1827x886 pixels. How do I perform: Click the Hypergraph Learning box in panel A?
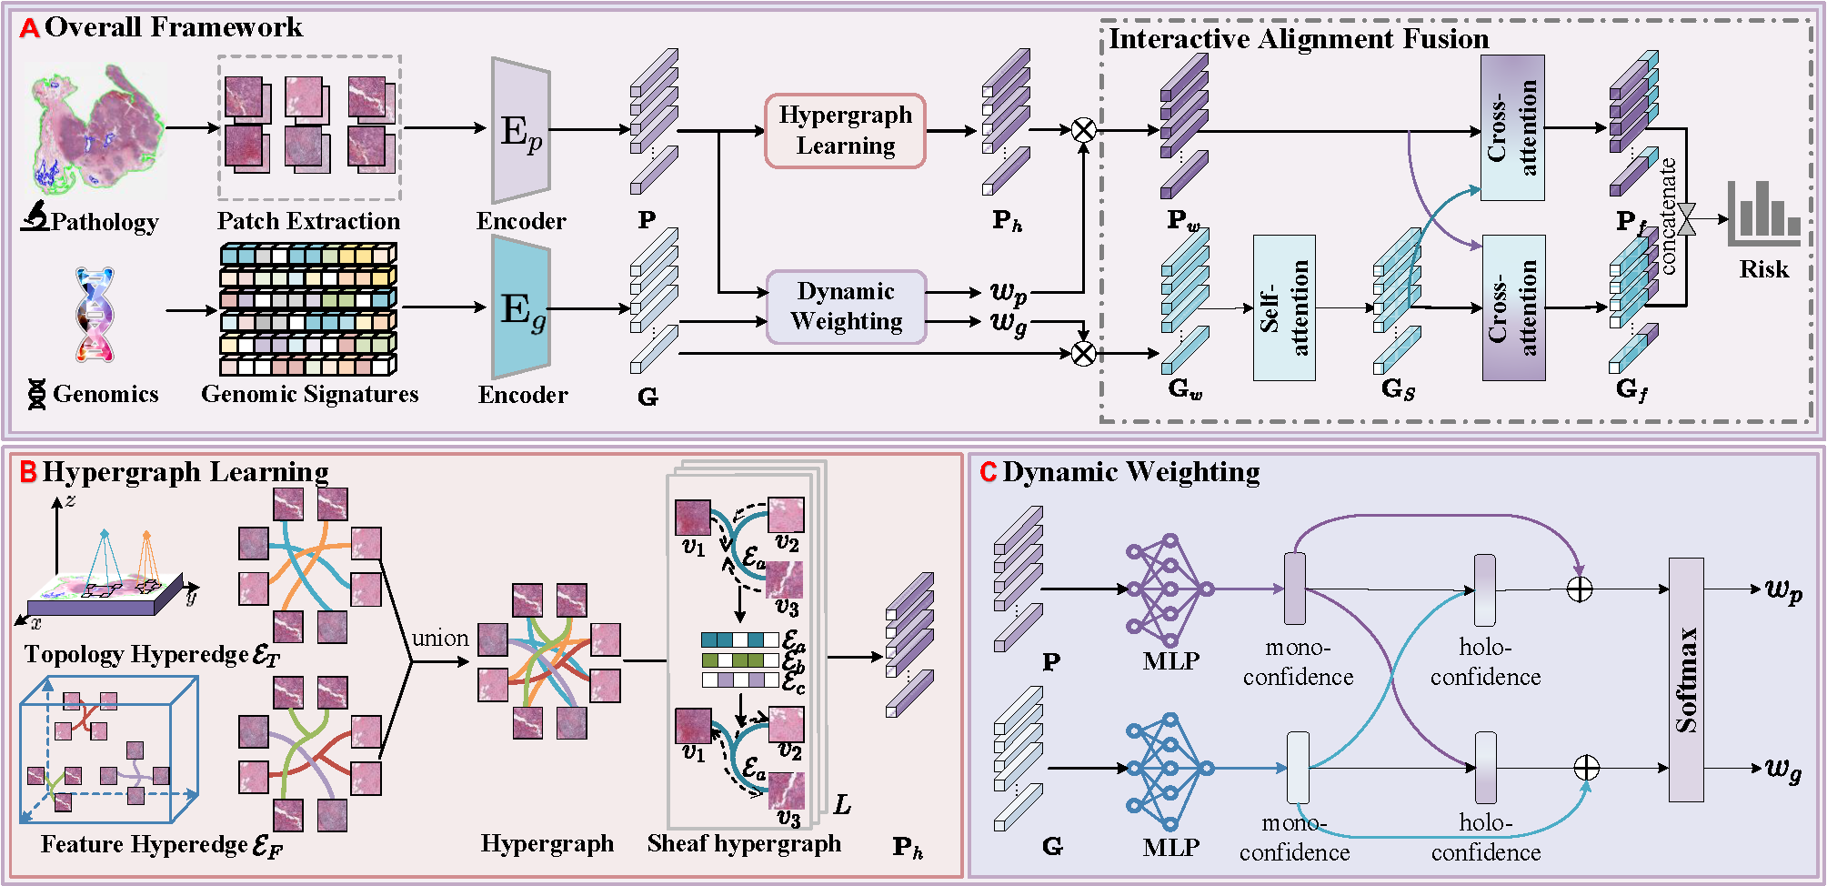(x=845, y=131)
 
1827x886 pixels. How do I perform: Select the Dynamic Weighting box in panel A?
(x=846, y=307)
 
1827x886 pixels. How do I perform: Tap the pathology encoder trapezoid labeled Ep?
(x=520, y=131)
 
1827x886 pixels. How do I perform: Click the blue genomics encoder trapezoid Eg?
(x=520, y=307)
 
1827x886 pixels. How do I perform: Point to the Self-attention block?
(x=1283, y=307)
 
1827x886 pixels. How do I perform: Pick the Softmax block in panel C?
(x=1686, y=680)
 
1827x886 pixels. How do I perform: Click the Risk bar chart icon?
(x=1763, y=215)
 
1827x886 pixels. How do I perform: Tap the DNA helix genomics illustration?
(x=95, y=314)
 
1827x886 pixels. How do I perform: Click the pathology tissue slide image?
(x=95, y=127)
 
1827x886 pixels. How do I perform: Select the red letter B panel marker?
(x=28, y=472)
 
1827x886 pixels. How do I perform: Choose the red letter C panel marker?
(x=989, y=472)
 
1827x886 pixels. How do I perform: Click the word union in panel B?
(x=440, y=638)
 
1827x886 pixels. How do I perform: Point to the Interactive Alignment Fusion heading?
(x=1299, y=38)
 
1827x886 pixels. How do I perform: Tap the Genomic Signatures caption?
(x=309, y=394)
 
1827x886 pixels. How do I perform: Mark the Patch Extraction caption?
(x=308, y=221)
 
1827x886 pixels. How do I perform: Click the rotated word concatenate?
(x=1667, y=216)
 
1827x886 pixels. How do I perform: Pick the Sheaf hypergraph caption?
(x=744, y=843)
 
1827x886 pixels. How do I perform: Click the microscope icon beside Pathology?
(x=35, y=216)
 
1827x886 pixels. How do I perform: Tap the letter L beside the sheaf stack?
(x=843, y=804)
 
